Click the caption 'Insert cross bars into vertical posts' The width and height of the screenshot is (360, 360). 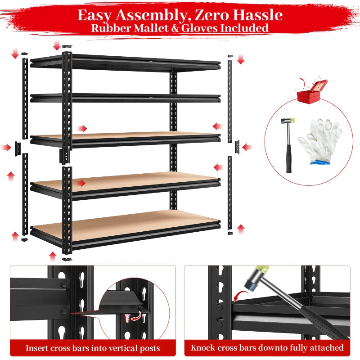point(92,348)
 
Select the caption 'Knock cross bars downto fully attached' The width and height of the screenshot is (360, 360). point(267,348)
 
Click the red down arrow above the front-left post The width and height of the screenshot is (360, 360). point(57,45)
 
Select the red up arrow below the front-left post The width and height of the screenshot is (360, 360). point(53,256)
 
